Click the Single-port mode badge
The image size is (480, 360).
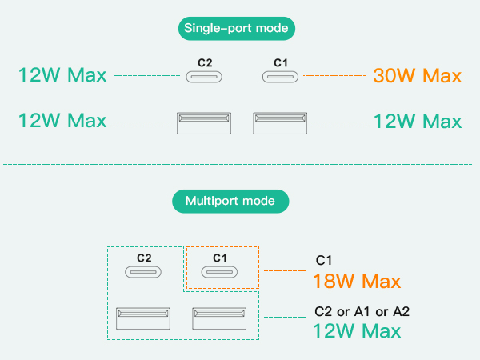[x=236, y=30]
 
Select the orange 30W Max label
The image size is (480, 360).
[x=418, y=77]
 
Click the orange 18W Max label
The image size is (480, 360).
[x=358, y=281]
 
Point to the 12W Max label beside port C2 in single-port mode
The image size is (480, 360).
[x=62, y=76]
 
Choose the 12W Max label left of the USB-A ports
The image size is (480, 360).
[x=62, y=121]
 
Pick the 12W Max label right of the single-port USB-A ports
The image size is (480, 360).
[x=418, y=122]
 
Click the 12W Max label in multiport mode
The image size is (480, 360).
[x=358, y=330]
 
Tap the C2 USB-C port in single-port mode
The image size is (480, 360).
[x=205, y=77]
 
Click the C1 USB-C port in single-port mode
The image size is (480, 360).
[x=281, y=77]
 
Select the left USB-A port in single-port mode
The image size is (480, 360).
[x=204, y=122]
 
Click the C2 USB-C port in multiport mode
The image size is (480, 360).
[x=144, y=271]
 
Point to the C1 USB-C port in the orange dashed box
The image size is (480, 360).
[x=221, y=271]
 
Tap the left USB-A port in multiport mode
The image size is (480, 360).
[x=142, y=316]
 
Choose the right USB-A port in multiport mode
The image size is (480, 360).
[x=218, y=316]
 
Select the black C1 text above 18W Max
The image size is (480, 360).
[x=324, y=260]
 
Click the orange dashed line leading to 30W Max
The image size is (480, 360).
[x=335, y=76]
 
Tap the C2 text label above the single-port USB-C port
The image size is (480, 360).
[x=205, y=62]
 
